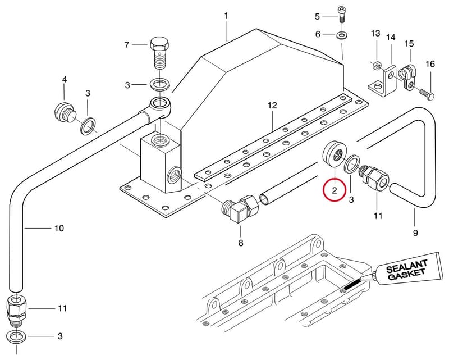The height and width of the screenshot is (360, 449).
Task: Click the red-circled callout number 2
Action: [x=335, y=190]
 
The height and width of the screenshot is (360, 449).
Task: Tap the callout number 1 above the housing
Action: [x=226, y=16]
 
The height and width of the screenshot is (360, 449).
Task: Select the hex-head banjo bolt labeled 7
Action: [x=160, y=53]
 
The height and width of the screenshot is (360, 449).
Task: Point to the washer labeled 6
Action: [x=341, y=35]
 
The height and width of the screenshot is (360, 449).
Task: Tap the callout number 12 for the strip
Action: [x=272, y=106]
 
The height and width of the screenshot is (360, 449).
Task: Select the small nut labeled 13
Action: [x=377, y=66]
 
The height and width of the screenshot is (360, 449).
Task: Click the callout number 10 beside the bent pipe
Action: [x=59, y=228]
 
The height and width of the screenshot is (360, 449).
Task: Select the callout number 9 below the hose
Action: [x=415, y=233]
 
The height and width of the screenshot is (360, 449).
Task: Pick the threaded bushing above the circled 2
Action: [x=335, y=154]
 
